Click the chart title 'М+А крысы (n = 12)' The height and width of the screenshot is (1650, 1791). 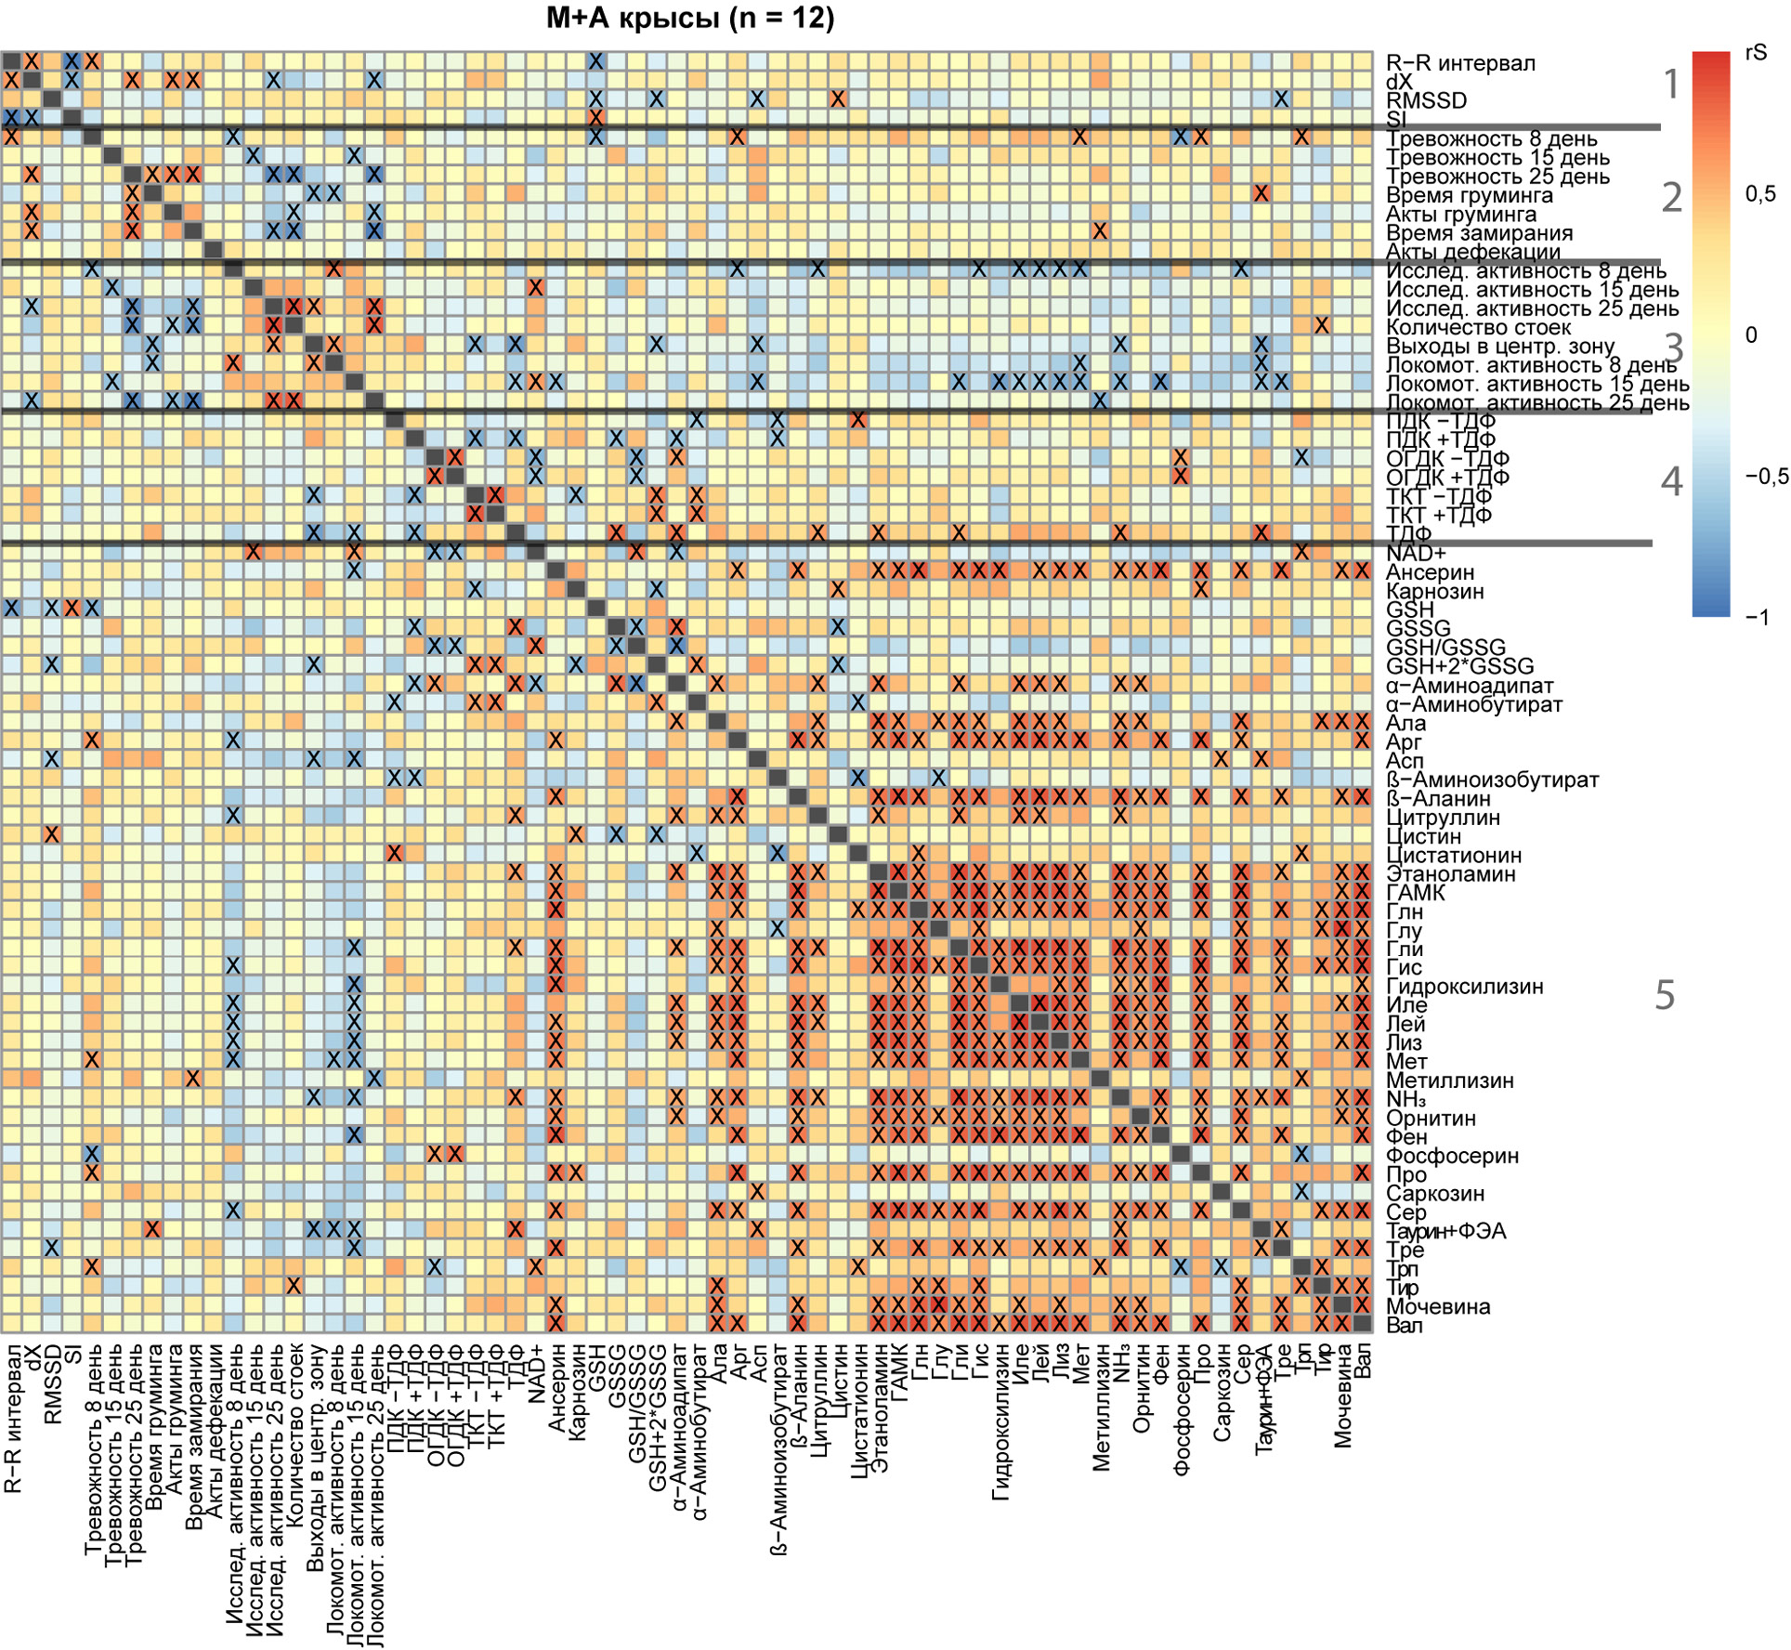[689, 19]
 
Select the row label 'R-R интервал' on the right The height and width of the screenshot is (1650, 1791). [1460, 63]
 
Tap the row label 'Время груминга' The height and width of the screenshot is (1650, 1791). [1469, 195]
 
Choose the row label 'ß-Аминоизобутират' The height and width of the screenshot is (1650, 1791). [1492, 779]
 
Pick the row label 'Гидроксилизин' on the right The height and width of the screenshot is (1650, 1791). [1464, 987]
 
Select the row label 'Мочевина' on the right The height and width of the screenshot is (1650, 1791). [1438, 1306]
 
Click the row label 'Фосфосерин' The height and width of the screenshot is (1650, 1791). [1452, 1156]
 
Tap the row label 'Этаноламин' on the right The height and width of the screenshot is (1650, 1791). [1450, 873]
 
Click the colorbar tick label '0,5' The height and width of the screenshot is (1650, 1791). [1759, 194]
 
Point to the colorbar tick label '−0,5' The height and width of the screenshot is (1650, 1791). [1766, 477]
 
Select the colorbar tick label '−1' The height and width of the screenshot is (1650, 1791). [1758, 618]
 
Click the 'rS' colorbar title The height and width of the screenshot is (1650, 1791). [1755, 53]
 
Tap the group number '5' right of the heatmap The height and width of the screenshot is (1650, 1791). [1665, 995]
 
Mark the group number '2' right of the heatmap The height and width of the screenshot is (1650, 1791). [1671, 197]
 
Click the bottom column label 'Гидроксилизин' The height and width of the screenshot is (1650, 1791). [1000, 1421]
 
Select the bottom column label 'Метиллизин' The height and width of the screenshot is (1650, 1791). [1101, 1407]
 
